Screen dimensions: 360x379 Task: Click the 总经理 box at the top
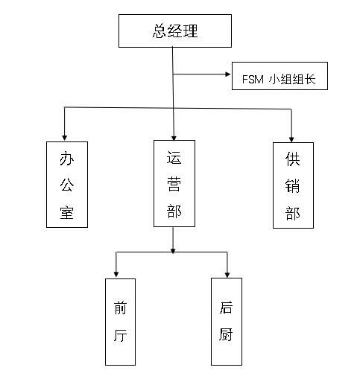pos(175,31)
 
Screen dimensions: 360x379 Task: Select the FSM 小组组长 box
pos(280,76)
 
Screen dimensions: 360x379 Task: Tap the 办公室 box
pos(67,185)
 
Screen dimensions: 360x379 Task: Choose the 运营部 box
pos(174,183)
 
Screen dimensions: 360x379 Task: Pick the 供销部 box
pos(293,185)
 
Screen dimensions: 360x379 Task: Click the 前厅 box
pos(120,322)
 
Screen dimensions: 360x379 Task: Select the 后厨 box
pos(227,322)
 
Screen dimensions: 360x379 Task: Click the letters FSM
pos(253,80)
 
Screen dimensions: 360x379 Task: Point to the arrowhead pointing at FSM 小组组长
pos(228,74)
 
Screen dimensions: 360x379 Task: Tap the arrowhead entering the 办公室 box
pos(65,138)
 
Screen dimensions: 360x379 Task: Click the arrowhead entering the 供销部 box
pos(291,139)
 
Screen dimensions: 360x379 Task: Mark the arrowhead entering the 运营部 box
pos(174,138)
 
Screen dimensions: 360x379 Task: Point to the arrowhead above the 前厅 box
pos(116,274)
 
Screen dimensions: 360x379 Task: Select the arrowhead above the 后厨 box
pos(227,274)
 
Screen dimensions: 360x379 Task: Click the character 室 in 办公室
pos(67,212)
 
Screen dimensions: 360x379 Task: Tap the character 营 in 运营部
pos(174,185)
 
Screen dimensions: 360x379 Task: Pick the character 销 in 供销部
pos(292,185)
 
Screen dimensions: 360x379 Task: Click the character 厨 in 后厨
pos(226,334)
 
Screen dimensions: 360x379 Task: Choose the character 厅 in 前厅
pos(121,335)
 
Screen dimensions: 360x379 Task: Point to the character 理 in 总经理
pos(190,31)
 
